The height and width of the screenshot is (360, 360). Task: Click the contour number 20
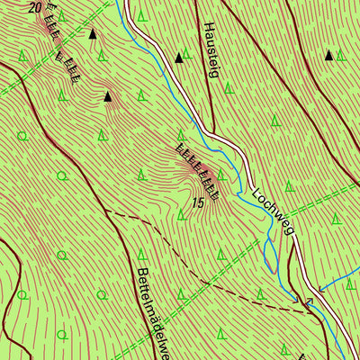point(35,7)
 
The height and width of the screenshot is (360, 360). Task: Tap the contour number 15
point(198,204)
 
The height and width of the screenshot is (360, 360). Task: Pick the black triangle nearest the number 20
point(92,34)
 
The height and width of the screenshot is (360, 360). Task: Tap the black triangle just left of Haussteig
point(178,58)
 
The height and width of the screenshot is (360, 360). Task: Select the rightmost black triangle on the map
point(329,56)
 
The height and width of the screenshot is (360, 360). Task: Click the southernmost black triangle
point(108,95)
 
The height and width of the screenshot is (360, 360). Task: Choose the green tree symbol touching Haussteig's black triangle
point(186,55)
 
